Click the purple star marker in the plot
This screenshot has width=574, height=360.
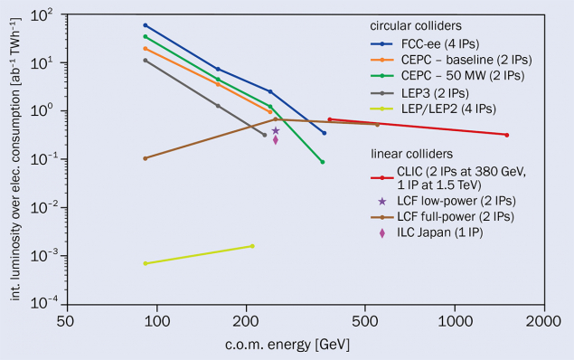(x=276, y=130)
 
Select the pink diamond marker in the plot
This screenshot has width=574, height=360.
(x=276, y=139)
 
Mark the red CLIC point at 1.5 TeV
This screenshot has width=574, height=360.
(x=507, y=135)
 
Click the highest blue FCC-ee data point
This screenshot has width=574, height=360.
(x=146, y=25)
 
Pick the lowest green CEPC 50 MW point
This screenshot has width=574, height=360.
(x=323, y=162)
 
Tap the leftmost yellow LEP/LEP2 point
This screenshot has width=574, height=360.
(x=146, y=263)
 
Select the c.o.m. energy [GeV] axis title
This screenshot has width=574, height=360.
(x=304, y=345)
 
